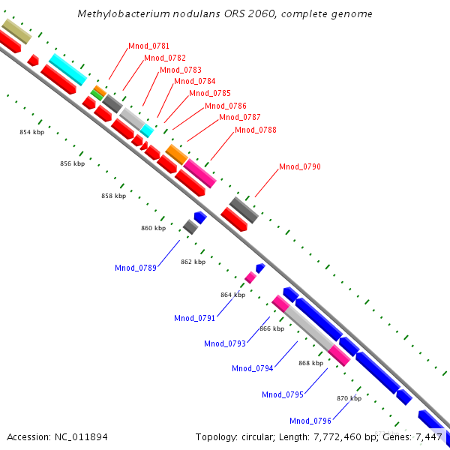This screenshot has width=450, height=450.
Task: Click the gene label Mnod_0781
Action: pos(148,46)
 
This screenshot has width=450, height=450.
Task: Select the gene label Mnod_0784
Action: pos(194,81)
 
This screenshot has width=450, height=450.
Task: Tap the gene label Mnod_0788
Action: pos(255,130)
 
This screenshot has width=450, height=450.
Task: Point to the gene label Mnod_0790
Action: pos(299,166)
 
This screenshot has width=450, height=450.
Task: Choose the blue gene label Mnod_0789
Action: pos(135,268)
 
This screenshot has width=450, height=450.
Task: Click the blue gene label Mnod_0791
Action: pos(194,318)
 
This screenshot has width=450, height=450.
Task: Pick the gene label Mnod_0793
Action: pos(225,343)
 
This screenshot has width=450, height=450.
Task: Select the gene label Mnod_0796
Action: pos(310,420)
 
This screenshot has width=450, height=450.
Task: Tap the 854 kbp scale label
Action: pos(31,132)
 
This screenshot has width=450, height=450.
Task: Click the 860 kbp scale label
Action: pos(153,228)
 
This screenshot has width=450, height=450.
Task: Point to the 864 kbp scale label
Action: pos(232,295)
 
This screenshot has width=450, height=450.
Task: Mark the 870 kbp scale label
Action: pos(349,398)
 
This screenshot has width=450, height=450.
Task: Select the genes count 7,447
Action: pos(430,436)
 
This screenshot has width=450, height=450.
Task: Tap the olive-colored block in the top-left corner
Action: pos(16,31)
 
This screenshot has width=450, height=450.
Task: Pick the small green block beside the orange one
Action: pos(97,94)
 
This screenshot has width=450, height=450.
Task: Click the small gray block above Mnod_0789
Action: pos(190,226)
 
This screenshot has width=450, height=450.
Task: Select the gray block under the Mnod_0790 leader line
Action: pos(244,209)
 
